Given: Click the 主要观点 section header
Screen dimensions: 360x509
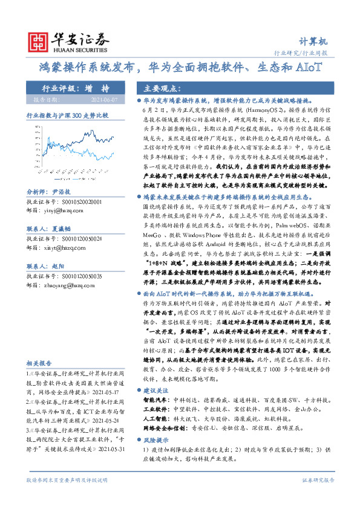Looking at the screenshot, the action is coord(156,87).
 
